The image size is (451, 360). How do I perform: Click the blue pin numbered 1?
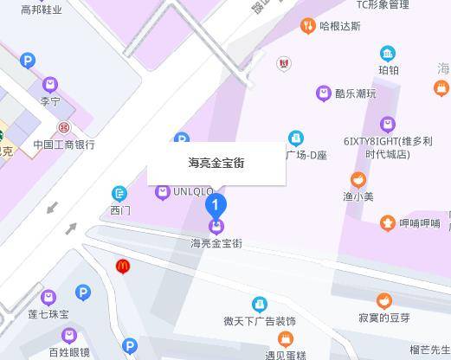coord(216,206)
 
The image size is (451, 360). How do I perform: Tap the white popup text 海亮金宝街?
coord(216,163)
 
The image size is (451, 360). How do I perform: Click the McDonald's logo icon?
coord(124,266)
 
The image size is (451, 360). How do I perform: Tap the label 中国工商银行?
coord(63,145)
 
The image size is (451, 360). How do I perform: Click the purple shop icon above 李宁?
coord(50,85)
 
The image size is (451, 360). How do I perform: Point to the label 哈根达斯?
coord(340,27)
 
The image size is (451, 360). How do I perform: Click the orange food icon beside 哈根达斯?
coord(307,27)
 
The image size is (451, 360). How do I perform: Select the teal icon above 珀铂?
coord(387,53)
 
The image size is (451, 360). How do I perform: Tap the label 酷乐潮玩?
coord(357,93)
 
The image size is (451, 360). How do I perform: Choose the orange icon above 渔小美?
coord(358,180)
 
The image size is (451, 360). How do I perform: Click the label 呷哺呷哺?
coord(421,223)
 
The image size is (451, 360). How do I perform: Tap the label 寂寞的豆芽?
coord(383,318)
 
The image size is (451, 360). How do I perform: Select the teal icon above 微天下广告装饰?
coord(259,304)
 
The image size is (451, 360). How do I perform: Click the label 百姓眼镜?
coord(69,352)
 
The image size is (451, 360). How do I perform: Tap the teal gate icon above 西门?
coord(120,193)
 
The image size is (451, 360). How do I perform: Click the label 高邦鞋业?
coord(42,10)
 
